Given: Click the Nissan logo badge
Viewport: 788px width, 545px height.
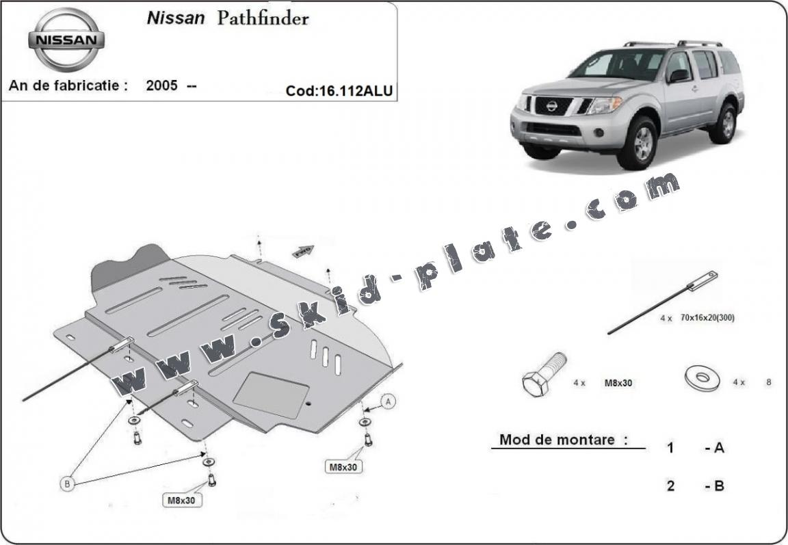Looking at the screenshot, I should pos(66,39).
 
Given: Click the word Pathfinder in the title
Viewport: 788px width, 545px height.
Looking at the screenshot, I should pos(263,18).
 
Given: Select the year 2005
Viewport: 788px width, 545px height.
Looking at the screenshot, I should pos(162,86).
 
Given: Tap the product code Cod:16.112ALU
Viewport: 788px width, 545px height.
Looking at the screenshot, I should pos(339,91).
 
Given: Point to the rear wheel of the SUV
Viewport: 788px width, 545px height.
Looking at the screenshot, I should pos(724,124).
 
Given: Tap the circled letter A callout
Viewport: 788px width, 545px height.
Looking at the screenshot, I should pos(389,402).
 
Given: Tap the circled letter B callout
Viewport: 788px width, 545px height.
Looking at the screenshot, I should pos(67,484).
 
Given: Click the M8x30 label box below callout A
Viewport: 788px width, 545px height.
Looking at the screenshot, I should pos(343,467).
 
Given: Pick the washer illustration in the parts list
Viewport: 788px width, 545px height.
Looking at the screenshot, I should pos(702,377).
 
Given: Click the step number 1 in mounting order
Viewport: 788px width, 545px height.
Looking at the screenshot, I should pos(670,448).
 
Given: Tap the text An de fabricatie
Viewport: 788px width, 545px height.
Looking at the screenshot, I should pos(68,86).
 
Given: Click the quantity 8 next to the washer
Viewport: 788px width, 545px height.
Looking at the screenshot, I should pos(769,382).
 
